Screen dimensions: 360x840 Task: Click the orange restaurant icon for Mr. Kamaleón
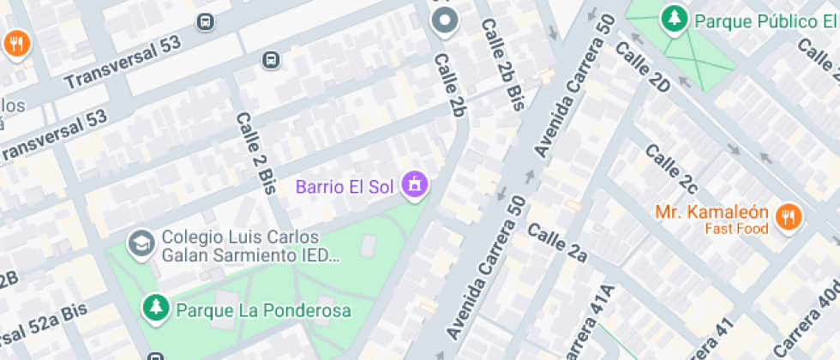pos(787,218)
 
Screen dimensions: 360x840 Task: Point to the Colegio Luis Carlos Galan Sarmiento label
pos(241,246)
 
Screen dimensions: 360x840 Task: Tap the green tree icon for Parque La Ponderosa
pos(156,309)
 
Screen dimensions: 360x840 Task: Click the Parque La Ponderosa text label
pos(263,309)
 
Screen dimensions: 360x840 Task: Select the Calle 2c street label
pos(671,169)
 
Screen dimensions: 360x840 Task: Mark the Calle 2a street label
pos(557,242)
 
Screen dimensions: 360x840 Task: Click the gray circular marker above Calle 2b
pos(444,20)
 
